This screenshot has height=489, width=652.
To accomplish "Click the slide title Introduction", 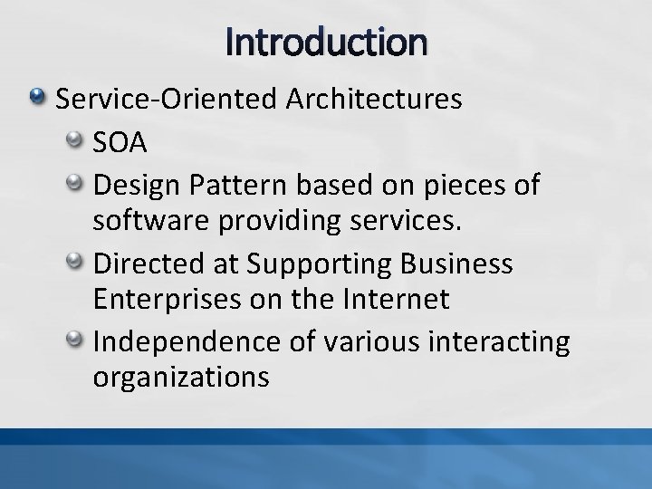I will coord(325,43).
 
